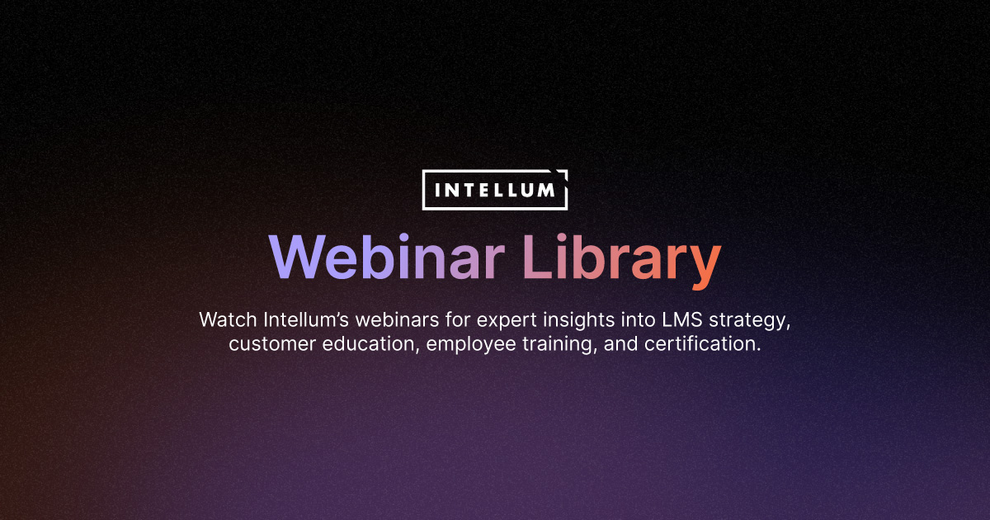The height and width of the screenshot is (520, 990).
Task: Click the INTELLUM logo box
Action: click(x=495, y=190)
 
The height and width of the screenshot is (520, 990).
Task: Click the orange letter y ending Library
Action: click(x=703, y=262)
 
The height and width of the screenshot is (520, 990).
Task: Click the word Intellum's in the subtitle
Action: click(x=308, y=319)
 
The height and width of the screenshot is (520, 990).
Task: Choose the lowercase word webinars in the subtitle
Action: click(x=399, y=319)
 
